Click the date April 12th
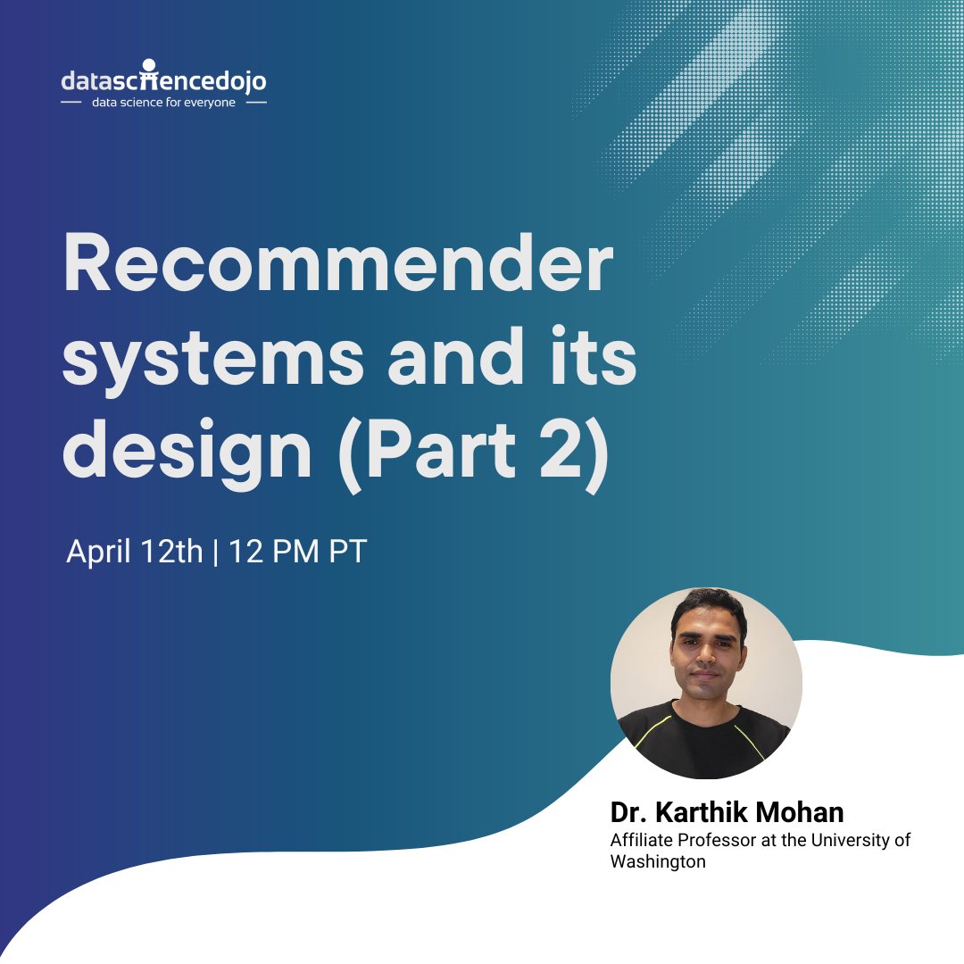coord(135,552)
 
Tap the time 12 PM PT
coord(298,552)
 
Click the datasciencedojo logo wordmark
coord(163,79)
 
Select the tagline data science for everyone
coord(163,104)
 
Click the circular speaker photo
coord(706,683)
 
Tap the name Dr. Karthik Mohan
coord(727,813)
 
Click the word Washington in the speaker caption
coord(658,861)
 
